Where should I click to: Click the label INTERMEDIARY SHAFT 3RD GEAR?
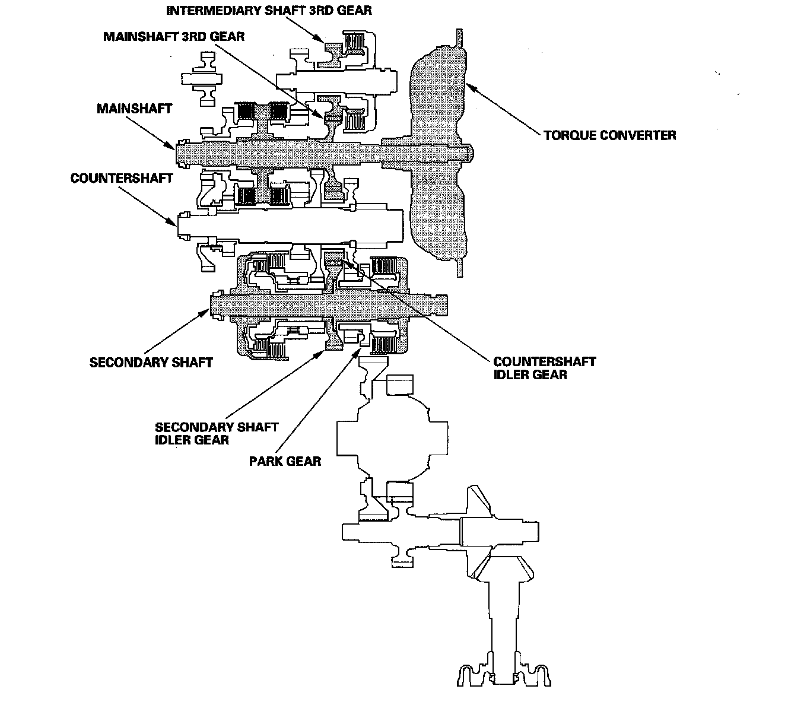pos(269,11)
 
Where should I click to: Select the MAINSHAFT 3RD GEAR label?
pos(174,36)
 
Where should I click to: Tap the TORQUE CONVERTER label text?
pos(609,135)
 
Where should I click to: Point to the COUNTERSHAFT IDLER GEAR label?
pos(544,368)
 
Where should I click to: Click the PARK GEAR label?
pos(285,461)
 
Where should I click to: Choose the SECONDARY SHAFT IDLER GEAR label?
pos(217,433)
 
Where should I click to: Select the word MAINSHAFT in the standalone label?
pos(134,109)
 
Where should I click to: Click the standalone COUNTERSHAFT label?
pos(122,179)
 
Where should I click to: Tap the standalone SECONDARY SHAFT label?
pos(151,362)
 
